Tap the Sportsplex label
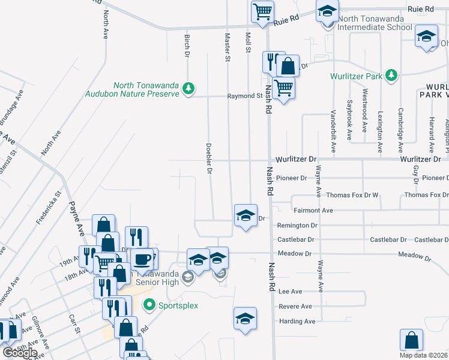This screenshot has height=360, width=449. [x=178, y=305]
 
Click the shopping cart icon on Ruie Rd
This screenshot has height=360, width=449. [x=262, y=11]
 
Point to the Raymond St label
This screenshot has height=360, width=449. [x=245, y=96]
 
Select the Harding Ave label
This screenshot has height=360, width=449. [x=297, y=322]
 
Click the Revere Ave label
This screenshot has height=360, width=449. [x=295, y=307]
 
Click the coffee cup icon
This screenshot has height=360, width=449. [x=142, y=259]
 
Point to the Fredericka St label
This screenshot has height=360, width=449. [x=49, y=207]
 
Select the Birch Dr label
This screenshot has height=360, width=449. [x=187, y=46]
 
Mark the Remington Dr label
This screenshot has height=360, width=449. [x=297, y=226]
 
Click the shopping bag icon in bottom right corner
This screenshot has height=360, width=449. [x=412, y=340]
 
